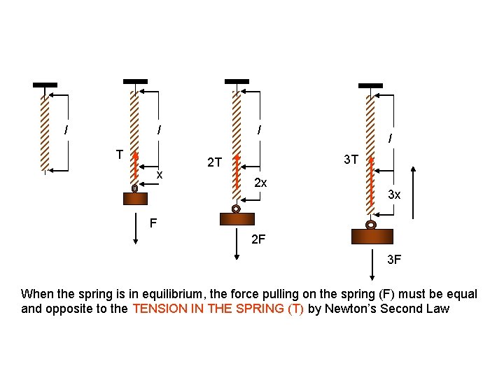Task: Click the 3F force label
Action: pyautogui.click(x=394, y=260)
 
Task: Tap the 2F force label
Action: pyautogui.click(x=258, y=239)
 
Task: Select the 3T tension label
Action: pyautogui.click(x=351, y=160)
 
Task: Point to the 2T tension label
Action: pyautogui.click(x=214, y=162)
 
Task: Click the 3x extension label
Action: pyautogui.click(x=394, y=195)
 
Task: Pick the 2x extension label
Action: pyautogui.click(x=260, y=183)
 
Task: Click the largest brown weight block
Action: pyautogui.click(x=372, y=237)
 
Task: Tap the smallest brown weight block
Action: pyautogui.click(x=135, y=199)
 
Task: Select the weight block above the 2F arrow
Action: pyautogui.click(x=237, y=219)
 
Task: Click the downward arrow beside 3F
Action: pyautogui.click(x=372, y=265)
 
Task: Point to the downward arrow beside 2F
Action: pyautogui.click(x=237, y=244)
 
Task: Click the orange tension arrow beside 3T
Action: pyautogui.click(x=371, y=181)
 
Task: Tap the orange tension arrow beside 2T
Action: pyautogui.click(x=237, y=172)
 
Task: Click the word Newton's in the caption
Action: pyautogui.click(x=351, y=309)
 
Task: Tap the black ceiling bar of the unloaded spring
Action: pyautogui.click(x=45, y=85)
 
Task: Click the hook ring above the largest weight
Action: pyautogui.click(x=370, y=225)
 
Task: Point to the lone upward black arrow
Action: pyautogui.click(x=414, y=193)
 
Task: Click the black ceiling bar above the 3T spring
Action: pyautogui.click(x=370, y=86)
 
